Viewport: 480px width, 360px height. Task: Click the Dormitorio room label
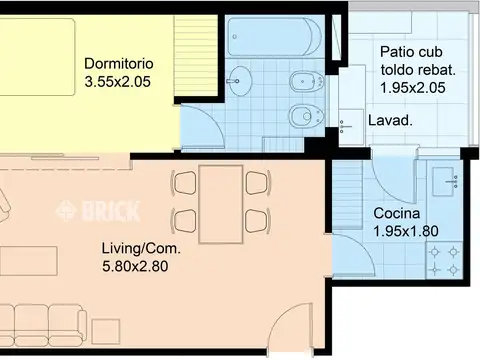[x=119, y=64]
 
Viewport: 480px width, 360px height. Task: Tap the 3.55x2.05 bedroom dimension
[x=118, y=82]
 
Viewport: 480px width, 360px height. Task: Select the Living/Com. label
[x=141, y=249]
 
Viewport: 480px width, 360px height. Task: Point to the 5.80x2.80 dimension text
[x=135, y=267]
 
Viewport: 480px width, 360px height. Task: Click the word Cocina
[x=397, y=213]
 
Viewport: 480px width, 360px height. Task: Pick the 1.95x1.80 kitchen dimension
[x=406, y=231]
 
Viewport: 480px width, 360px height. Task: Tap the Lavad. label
[x=390, y=120]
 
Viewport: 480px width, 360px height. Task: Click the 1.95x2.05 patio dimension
[x=413, y=88]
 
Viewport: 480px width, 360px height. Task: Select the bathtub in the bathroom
[x=274, y=37]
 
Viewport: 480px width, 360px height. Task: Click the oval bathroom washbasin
[x=240, y=81]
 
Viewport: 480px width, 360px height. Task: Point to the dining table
[x=221, y=204]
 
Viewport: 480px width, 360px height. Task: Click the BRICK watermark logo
[x=97, y=211]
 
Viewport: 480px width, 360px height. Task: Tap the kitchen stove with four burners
[x=444, y=260]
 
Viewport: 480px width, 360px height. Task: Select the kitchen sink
[x=445, y=181]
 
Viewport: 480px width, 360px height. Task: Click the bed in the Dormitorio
[x=37, y=57]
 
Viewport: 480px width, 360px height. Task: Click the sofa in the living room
[x=43, y=325]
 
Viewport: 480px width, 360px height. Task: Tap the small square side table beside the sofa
[x=106, y=331]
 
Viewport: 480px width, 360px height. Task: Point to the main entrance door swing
[x=290, y=328]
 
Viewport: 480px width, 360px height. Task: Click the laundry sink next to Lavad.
[x=351, y=127]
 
